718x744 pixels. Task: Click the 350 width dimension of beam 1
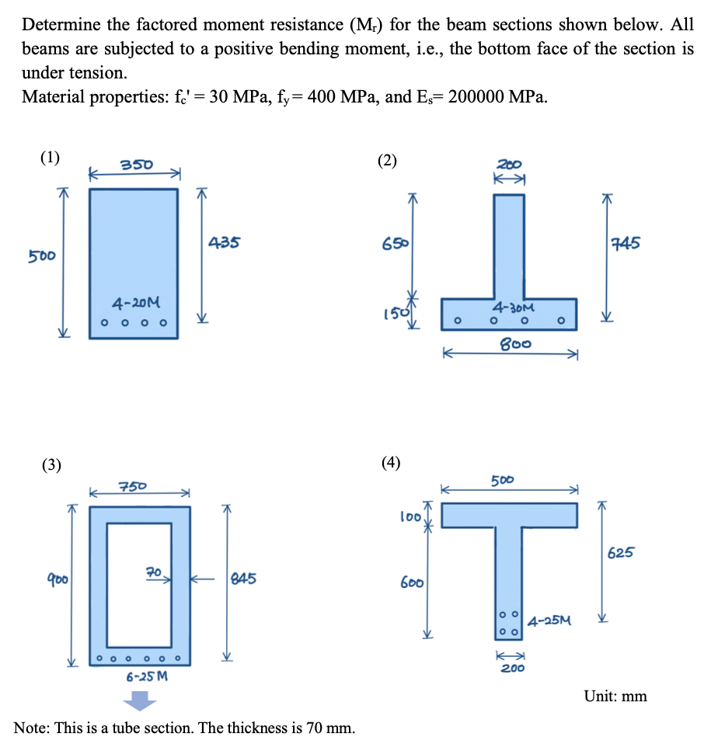click(136, 165)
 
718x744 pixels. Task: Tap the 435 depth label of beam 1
click(223, 243)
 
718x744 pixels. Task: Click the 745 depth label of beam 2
click(625, 244)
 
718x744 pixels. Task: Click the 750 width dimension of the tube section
click(131, 487)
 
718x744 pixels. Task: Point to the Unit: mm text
click(615, 696)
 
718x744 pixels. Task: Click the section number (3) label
click(51, 466)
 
